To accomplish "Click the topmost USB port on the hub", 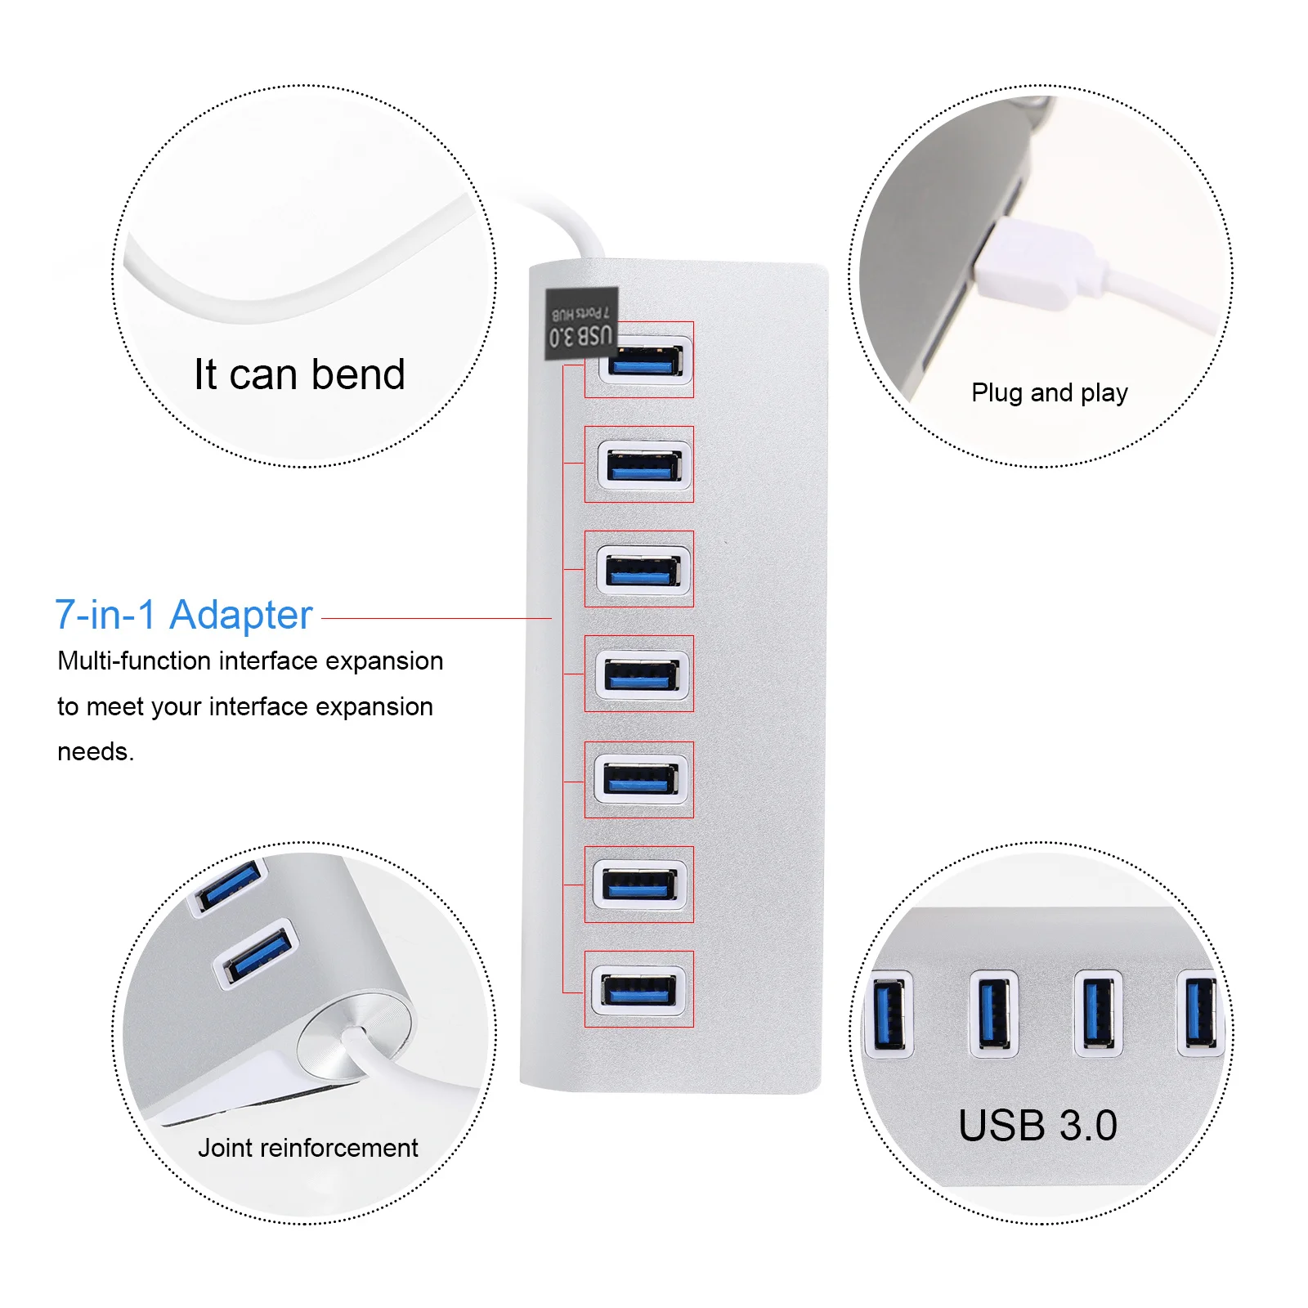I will [x=645, y=360].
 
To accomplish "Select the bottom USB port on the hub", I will [x=638, y=990].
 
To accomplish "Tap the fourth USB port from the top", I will [x=642, y=674].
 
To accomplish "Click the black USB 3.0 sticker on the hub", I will [x=581, y=325].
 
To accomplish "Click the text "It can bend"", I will [x=299, y=375].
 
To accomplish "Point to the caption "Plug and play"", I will [x=1049, y=393].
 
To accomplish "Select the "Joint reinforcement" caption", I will [x=307, y=1148].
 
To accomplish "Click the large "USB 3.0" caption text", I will [x=1037, y=1126].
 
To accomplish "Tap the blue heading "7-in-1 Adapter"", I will [x=184, y=615].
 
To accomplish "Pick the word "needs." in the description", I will [x=96, y=751].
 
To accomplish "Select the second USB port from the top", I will [x=644, y=465].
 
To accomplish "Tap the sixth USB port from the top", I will [x=639, y=885].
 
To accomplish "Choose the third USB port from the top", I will [x=643, y=570].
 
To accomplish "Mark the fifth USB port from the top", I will [x=640, y=780].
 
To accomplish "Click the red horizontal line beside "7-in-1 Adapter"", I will [x=437, y=619].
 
